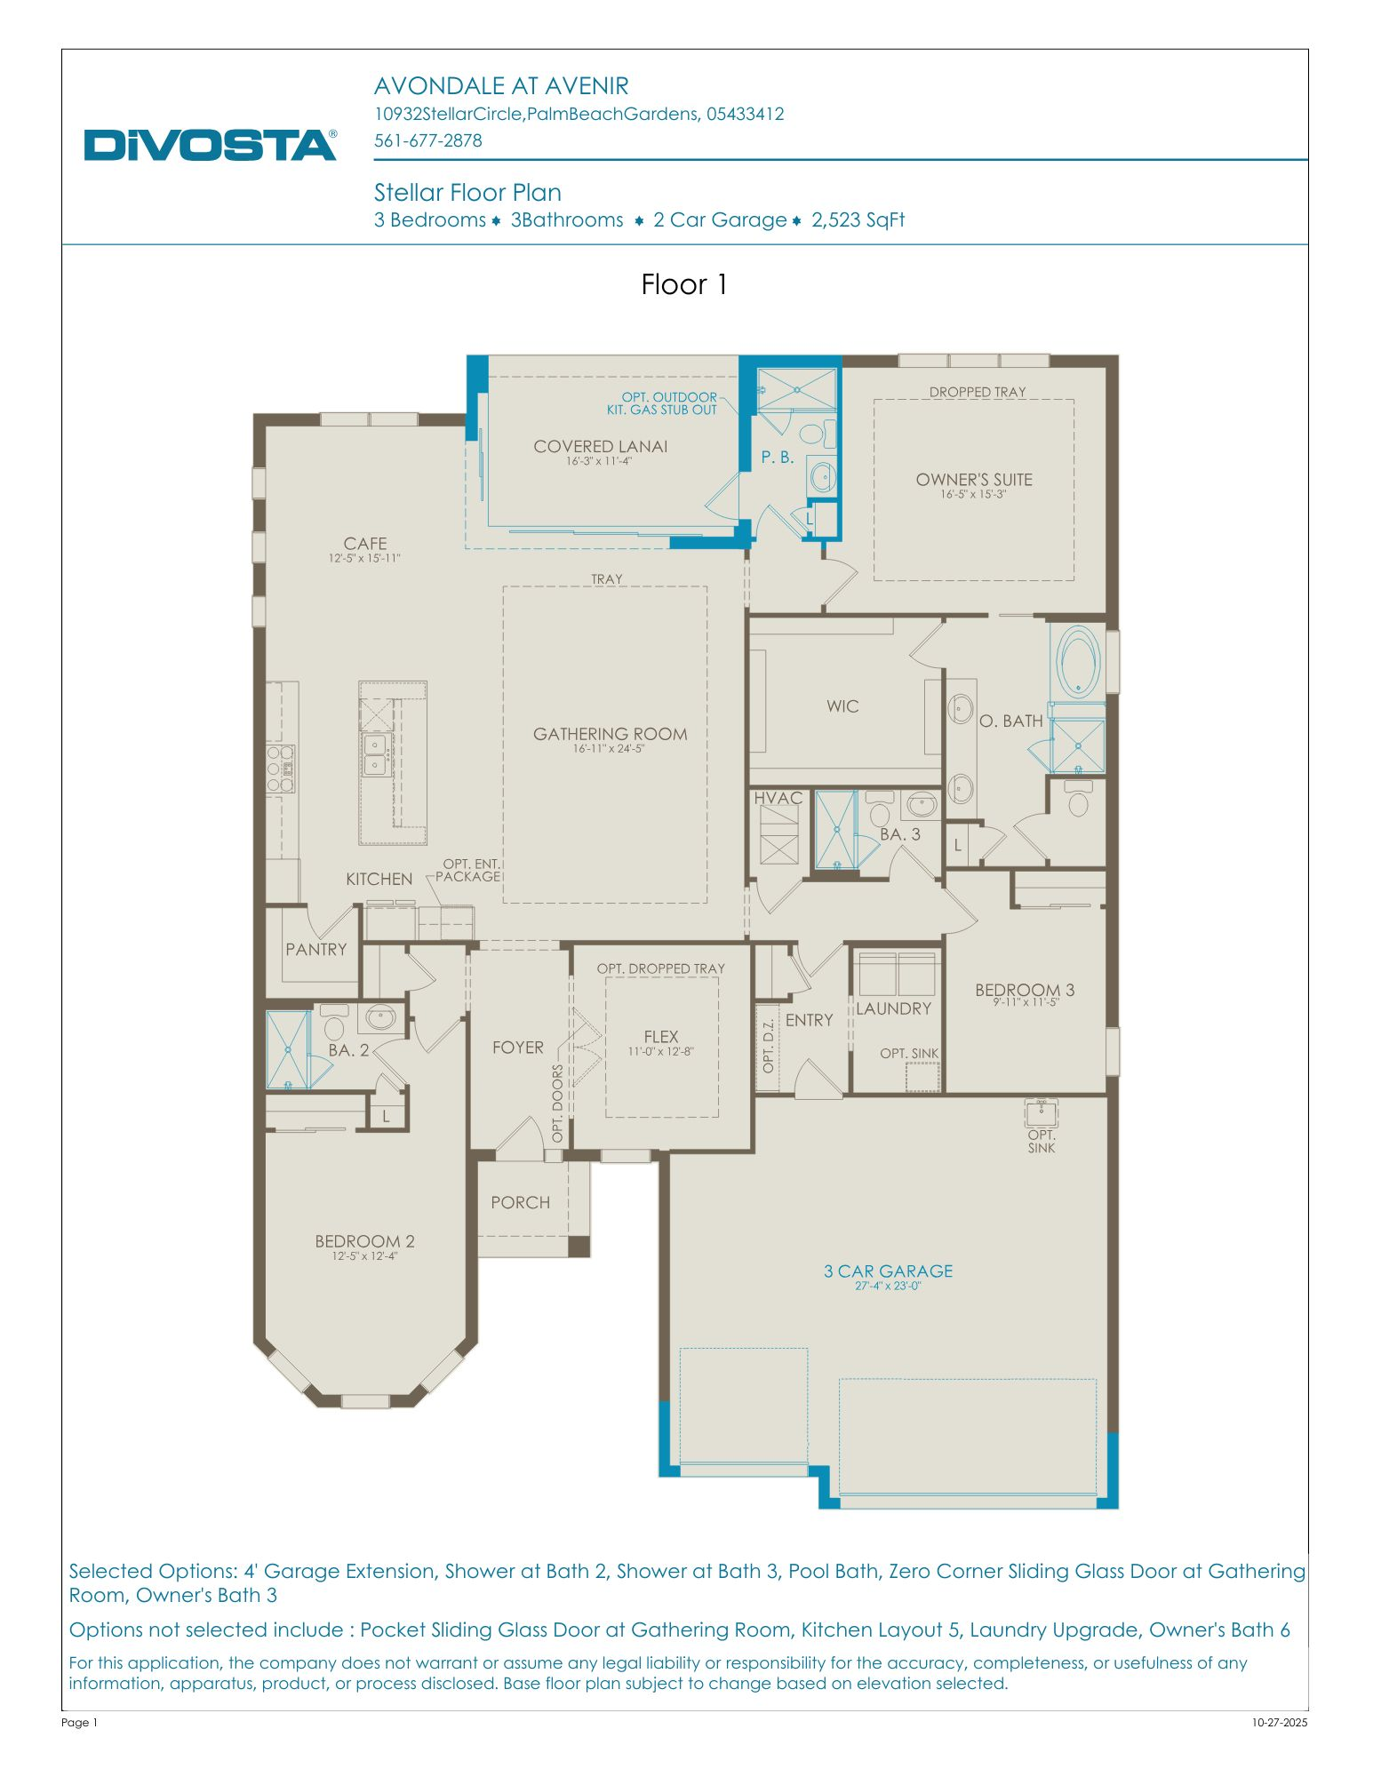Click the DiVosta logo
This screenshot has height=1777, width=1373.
[210, 144]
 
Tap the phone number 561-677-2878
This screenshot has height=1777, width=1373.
[427, 140]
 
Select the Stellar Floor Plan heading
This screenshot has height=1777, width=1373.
[467, 193]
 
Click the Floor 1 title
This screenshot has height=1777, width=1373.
[684, 284]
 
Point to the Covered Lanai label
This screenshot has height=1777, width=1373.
[600, 447]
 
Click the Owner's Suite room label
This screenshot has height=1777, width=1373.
[974, 480]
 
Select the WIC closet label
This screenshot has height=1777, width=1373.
[842, 706]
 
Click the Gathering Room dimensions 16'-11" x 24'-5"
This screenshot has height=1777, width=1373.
[609, 749]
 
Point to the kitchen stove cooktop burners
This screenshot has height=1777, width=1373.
[281, 768]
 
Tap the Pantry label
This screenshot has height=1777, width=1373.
[315, 949]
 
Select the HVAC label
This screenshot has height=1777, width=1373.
[778, 798]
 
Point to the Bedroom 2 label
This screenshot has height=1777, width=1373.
[364, 1241]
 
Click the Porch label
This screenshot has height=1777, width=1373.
[520, 1202]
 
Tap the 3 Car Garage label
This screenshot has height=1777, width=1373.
[888, 1271]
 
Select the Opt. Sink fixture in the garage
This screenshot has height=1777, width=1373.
[1041, 1112]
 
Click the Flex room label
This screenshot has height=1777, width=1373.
[660, 1036]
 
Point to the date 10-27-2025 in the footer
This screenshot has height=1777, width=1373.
[1279, 1722]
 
